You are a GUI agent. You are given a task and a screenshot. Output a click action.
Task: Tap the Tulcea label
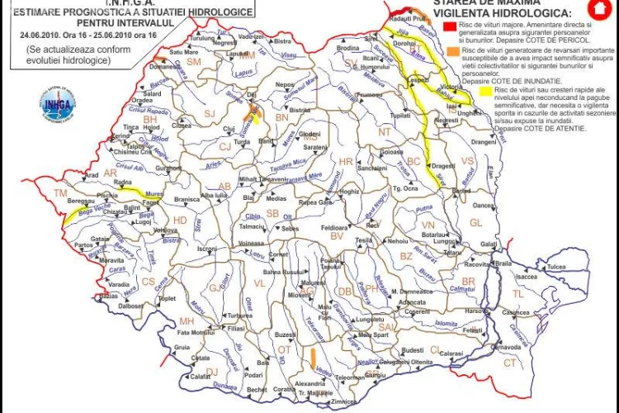pyautogui.click(x=556, y=267)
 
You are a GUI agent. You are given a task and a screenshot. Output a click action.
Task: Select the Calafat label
pyautogui.click(x=202, y=376)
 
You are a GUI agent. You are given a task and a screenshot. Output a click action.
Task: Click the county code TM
pyautogui.click(x=59, y=193)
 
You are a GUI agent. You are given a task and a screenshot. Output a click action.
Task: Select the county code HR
pyautogui.click(x=346, y=161)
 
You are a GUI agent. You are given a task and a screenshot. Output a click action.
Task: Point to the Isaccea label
pyautogui.click(x=527, y=278)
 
